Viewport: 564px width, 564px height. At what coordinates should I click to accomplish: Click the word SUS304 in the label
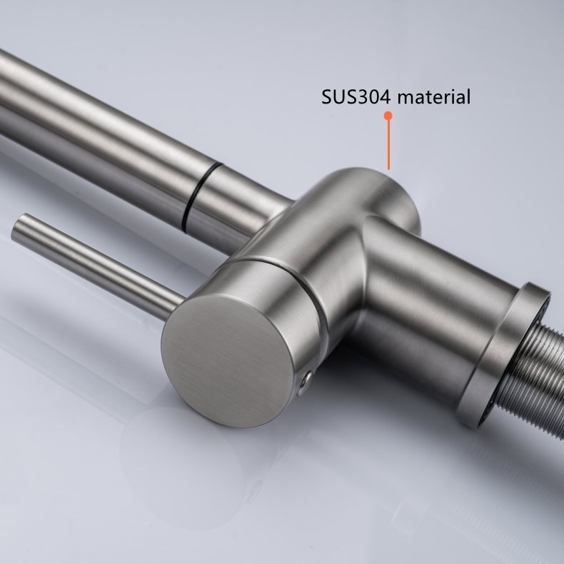(356, 97)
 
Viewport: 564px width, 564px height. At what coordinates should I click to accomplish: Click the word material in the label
(434, 97)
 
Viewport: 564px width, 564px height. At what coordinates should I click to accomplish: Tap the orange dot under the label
(388, 116)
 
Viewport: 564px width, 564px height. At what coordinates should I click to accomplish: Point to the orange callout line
(388, 144)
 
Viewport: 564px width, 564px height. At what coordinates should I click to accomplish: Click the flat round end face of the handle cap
(226, 361)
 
